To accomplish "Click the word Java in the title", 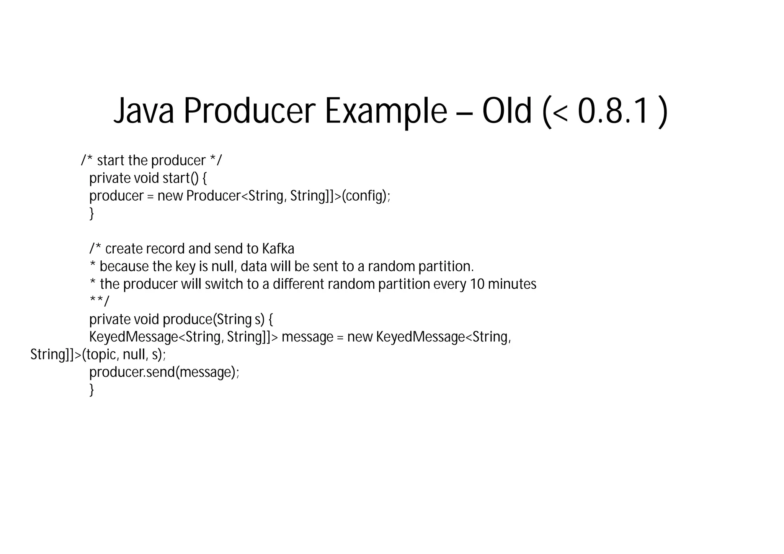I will tap(144, 111).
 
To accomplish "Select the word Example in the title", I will tap(386, 111).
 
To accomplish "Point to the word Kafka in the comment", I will tap(278, 249).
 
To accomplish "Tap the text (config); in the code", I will tap(366, 196).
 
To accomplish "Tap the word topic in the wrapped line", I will tap(101, 355).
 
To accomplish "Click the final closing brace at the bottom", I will tap(91, 390).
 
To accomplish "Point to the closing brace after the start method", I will tap(91, 214).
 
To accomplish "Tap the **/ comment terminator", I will tap(99, 301).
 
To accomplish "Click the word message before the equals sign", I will tap(307, 337).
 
